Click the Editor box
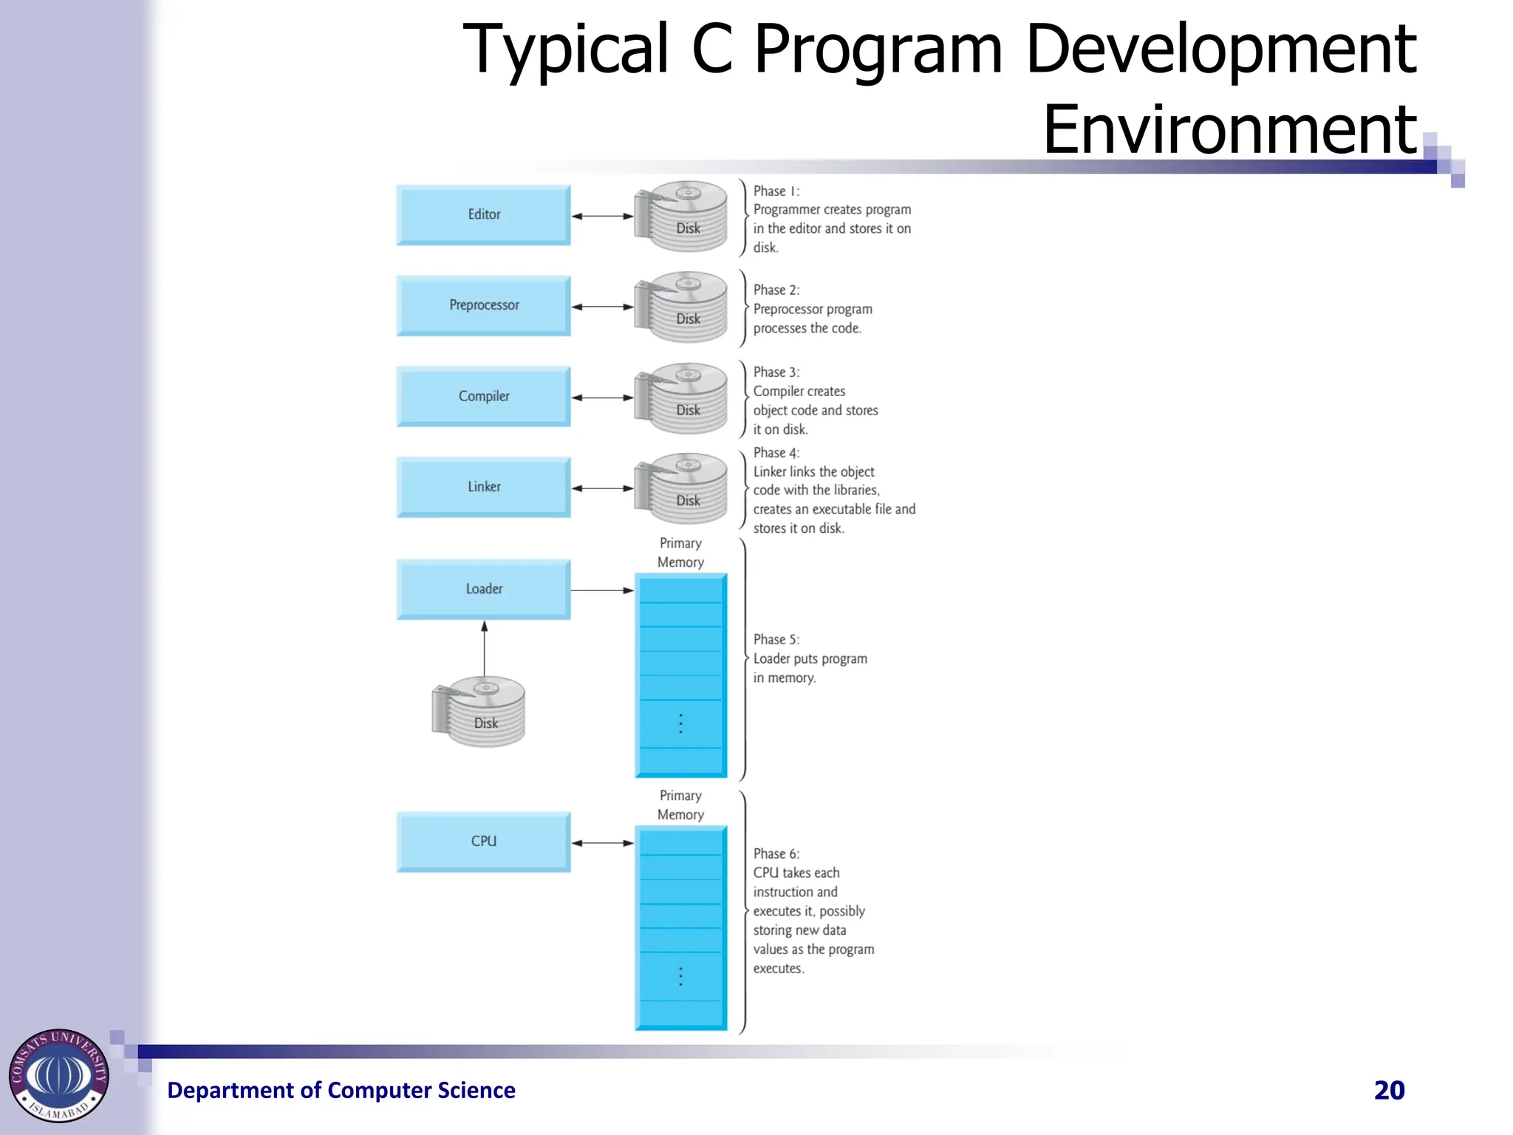pos(484,215)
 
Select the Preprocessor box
pos(484,306)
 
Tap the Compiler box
pos(484,397)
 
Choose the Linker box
pos(484,488)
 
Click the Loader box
pos(484,590)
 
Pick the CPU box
pos(484,842)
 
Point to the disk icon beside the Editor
pos(681,217)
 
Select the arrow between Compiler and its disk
pos(602,398)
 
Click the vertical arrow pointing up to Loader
pos(485,649)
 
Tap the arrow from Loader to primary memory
pos(602,590)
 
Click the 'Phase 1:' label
pos(776,191)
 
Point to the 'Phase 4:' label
pos(776,453)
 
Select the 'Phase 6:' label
pos(776,854)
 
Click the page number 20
pos(1389,1091)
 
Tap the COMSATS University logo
pos(59,1076)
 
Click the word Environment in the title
pos(1229,130)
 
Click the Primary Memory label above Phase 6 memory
pos(680,805)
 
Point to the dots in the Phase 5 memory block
pos(680,723)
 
